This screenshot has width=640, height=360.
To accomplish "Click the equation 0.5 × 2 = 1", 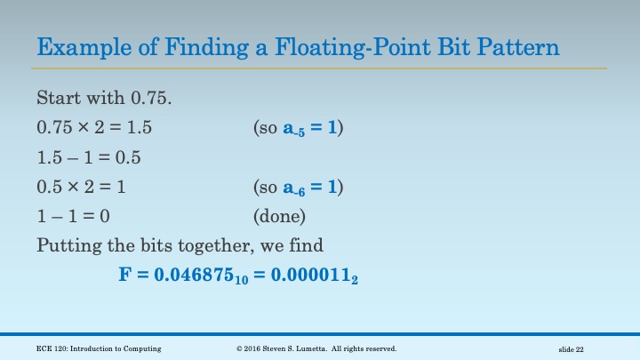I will [x=85, y=187].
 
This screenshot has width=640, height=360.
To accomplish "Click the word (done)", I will [x=280, y=216].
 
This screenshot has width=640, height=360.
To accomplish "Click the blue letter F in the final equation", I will [x=124, y=276].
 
